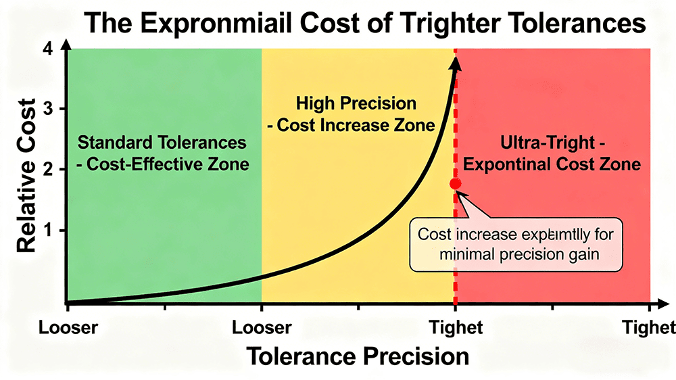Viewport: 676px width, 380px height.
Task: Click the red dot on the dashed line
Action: [x=455, y=183]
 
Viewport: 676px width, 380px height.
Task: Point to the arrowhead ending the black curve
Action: [x=456, y=62]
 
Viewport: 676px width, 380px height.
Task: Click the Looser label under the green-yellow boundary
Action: [x=262, y=327]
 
